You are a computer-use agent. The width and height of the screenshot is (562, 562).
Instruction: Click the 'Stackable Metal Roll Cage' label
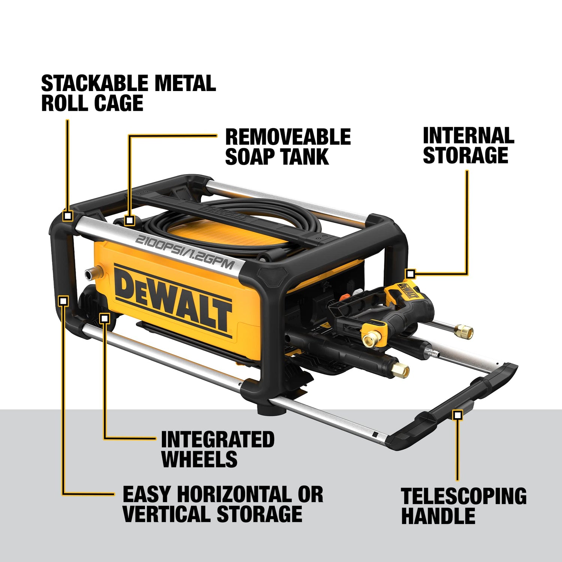click(129, 93)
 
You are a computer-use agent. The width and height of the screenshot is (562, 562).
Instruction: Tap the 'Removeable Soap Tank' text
click(288, 146)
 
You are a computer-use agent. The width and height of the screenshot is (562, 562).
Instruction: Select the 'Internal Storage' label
click(468, 145)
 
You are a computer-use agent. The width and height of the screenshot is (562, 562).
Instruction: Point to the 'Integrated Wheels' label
click(218, 449)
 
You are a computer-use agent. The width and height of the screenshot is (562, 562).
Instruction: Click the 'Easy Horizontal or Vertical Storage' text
click(223, 504)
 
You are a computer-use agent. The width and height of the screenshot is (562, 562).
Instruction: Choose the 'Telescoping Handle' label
click(463, 506)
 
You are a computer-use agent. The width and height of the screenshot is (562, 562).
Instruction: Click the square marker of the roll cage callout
click(68, 216)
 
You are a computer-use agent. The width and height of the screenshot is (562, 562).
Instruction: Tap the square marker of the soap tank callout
click(130, 220)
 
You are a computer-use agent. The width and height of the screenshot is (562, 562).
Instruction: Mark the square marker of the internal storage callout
click(411, 274)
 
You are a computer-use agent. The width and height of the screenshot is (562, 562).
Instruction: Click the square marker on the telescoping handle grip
click(457, 414)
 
